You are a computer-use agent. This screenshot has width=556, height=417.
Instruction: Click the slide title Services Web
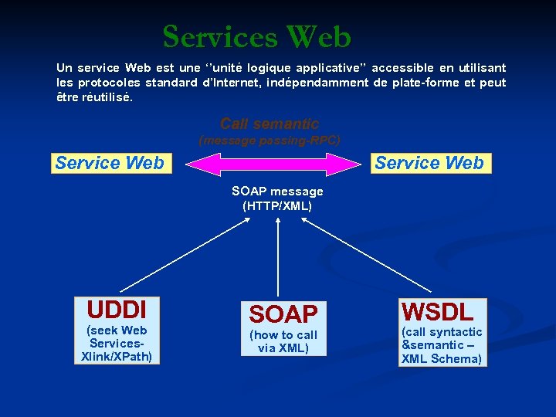[x=257, y=37]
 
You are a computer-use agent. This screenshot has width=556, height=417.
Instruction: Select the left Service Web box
[x=109, y=163]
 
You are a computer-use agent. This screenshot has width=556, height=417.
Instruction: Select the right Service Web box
[x=429, y=163]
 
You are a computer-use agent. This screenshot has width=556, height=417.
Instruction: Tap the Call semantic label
[x=269, y=124]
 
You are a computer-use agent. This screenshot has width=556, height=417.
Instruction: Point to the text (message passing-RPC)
[x=269, y=141]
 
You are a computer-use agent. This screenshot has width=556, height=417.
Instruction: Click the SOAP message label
[x=277, y=192]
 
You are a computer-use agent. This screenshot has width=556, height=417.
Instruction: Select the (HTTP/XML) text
[x=277, y=206]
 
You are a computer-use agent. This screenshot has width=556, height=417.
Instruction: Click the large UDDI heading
[x=117, y=310]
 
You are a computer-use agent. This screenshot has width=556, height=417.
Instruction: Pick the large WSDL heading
[x=436, y=312]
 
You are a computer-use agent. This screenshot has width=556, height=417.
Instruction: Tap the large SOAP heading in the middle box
[x=283, y=314]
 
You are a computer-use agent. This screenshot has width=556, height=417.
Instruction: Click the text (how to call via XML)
[x=283, y=341]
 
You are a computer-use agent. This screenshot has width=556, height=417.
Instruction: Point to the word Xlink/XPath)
[x=117, y=356]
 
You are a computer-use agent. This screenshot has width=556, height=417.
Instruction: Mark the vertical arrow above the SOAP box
[x=277, y=255]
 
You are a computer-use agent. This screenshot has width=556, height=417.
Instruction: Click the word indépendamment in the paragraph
[x=316, y=83]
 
